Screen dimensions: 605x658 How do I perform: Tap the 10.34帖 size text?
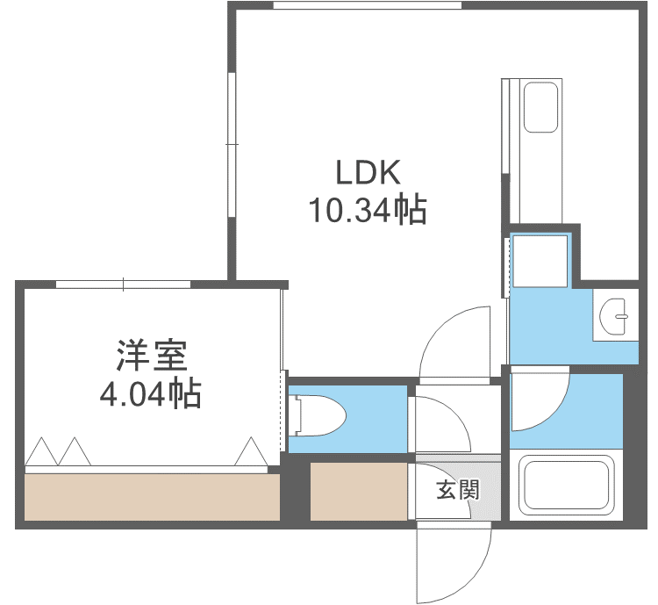coord(367,211)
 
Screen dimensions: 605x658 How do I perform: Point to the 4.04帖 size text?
coord(150,393)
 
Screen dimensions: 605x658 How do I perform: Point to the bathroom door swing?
coord(540,400)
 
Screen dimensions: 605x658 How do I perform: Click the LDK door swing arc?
coord(456,342)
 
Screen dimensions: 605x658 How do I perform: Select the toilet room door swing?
coord(441,426)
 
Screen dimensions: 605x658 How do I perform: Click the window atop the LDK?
coord(367,5)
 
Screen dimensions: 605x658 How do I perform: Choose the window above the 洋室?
coord(123,284)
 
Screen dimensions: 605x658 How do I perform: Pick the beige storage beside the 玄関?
coord(358,491)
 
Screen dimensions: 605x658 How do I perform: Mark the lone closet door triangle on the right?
coord(251,451)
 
